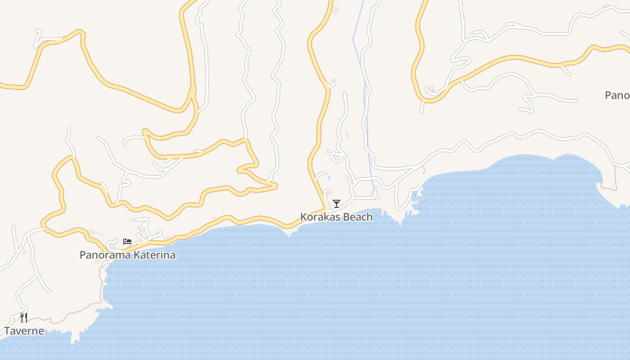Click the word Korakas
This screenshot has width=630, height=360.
coord(318,217)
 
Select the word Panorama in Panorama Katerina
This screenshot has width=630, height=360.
coord(103,255)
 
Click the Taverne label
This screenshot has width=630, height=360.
coord(24,331)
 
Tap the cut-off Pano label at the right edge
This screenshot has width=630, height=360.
coord(617,95)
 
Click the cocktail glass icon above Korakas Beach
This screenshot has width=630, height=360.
coord(336,203)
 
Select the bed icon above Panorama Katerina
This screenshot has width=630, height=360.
coord(127,242)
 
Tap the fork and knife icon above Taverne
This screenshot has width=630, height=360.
coord(24,318)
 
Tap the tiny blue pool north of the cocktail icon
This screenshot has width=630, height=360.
coord(329,177)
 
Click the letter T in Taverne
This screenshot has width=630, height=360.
coord(7,331)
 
